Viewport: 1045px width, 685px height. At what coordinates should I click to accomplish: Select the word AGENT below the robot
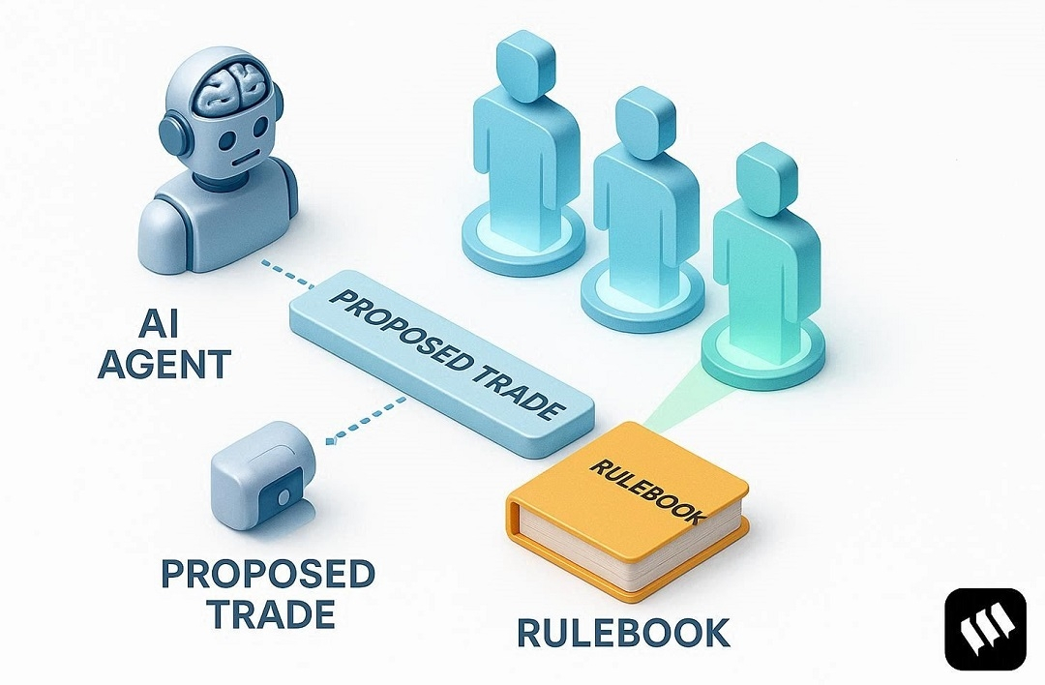tap(165, 364)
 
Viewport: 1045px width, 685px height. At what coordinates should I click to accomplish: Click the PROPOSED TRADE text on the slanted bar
tap(440, 352)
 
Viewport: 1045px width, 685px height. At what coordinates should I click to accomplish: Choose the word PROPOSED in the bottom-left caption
tap(268, 574)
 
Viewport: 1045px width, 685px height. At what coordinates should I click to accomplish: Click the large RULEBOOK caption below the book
tap(623, 632)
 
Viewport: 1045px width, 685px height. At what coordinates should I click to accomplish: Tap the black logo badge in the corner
tap(984, 628)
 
